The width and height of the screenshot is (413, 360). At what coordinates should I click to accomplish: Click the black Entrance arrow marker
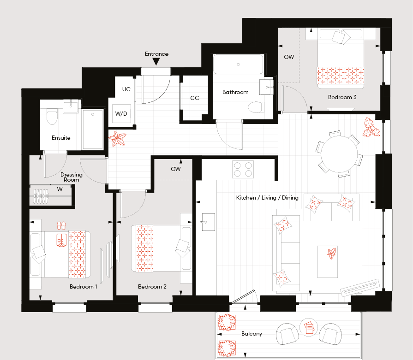[x=156, y=62]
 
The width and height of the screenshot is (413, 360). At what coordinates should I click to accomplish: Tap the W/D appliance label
[x=121, y=114]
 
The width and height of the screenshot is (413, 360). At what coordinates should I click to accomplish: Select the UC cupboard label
[x=126, y=89]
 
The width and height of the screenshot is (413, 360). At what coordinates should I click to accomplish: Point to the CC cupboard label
[x=195, y=98]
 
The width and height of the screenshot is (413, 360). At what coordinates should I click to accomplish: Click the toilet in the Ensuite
[x=52, y=117]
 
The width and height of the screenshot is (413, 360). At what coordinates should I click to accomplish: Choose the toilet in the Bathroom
[x=255, y=107]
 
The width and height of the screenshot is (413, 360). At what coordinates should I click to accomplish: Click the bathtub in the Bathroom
[x=239, y=65]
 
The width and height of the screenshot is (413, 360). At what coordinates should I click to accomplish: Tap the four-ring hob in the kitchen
[x=243, y=170]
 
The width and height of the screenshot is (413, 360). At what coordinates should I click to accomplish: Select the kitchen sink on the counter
[x=208, y=222]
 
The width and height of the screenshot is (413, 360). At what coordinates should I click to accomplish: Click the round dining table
[x=339, y=154]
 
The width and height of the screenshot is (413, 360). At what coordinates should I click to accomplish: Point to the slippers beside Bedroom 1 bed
[x=61, y=225]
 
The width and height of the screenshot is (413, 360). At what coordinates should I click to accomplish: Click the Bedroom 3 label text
[x=342, y=97]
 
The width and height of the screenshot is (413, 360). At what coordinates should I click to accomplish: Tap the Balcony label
[x=252, y=334]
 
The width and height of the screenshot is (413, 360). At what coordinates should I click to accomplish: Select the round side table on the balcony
[x=309, y=327]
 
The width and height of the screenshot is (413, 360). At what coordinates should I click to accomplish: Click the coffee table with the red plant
[x=327, y=262]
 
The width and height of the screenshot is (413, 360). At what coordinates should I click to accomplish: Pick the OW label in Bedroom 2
[x=176, y=169]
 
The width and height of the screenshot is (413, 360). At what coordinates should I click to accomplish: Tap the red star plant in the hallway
[x=118, y=138]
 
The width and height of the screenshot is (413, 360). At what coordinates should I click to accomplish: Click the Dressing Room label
[x=72, y=177]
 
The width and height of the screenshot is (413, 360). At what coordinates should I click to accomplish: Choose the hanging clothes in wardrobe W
[x=41, y=196]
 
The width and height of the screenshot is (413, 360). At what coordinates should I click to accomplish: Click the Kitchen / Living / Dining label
[x=267, y=198]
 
